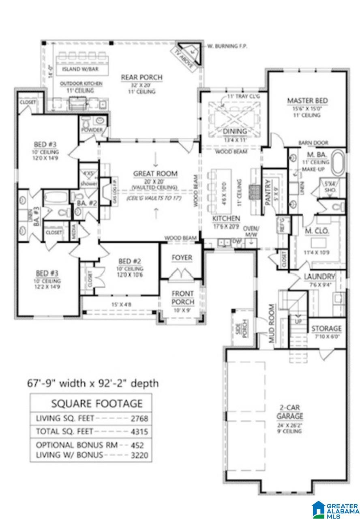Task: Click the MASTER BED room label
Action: [x=307, y=101]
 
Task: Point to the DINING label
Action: [x=235, y=131]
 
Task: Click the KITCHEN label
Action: [x=226, y=219]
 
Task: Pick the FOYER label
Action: [x=182, y=258]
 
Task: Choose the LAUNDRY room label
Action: [x=319, y=277]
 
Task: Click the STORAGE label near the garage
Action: [x=326, y=328]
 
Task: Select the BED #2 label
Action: [x=130, y=261]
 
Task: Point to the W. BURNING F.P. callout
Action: [x=227, y=46]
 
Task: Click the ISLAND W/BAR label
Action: [x=85, y=69]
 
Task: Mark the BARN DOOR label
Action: [x=313, y=143]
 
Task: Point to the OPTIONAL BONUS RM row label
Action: [x=77, y=445]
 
